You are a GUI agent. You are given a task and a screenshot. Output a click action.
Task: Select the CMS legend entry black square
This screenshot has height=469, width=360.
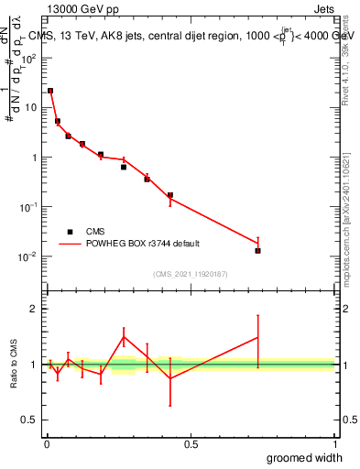(70, 232)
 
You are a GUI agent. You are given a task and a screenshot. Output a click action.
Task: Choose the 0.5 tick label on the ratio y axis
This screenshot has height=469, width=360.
(29, 420)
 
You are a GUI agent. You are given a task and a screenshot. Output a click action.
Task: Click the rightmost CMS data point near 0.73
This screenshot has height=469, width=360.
(258, 250)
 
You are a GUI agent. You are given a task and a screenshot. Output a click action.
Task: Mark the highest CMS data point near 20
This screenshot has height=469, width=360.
(50, 91)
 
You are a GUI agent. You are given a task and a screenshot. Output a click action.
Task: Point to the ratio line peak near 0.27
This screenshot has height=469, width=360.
(124, 336)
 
